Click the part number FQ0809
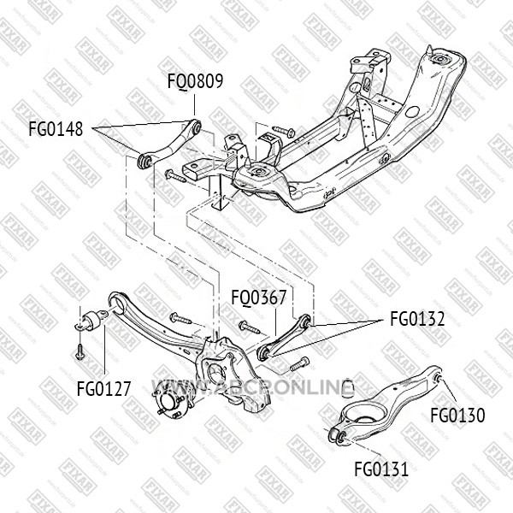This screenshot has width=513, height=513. click(195, 82)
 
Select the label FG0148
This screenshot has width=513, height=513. click(56, 130)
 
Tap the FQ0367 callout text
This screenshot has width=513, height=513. click(258, 298)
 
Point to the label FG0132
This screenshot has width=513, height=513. click(417, 320)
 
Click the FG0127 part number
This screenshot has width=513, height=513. click(103, 389)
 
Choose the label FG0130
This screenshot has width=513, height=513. click(457, 416)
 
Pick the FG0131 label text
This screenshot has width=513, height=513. click(381, 469)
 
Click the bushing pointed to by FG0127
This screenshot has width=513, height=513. click(94, 322)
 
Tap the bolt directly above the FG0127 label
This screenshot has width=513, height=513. click(80, 350)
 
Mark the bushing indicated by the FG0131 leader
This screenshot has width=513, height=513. click(339, 438)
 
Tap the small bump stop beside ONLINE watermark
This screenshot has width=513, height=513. click(347, 389)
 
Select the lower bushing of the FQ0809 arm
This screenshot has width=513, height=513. click(143, 160)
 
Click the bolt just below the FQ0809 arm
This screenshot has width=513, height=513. click(176, 176)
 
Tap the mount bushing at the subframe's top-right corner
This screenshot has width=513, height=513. click(442, 61)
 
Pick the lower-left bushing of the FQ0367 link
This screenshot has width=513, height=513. click(263, 353)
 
